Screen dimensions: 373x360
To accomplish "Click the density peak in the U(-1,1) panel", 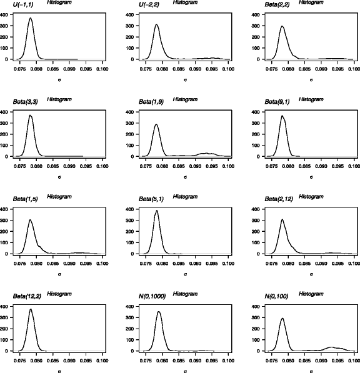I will [30, 19].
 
